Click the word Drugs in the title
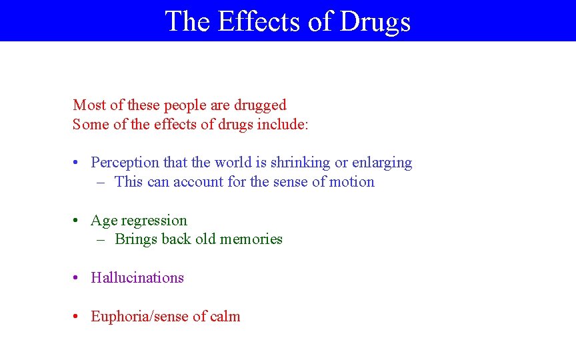(x=375, y=21)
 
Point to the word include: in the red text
(x=283, y=125)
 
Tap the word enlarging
(x=382, y=163)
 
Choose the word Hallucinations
(x=137, y=278)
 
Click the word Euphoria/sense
(x=140, y=317)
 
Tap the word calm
(x=225, y=317)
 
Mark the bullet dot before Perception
(x=77, y=163)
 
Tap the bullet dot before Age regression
(x=77, y=221)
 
